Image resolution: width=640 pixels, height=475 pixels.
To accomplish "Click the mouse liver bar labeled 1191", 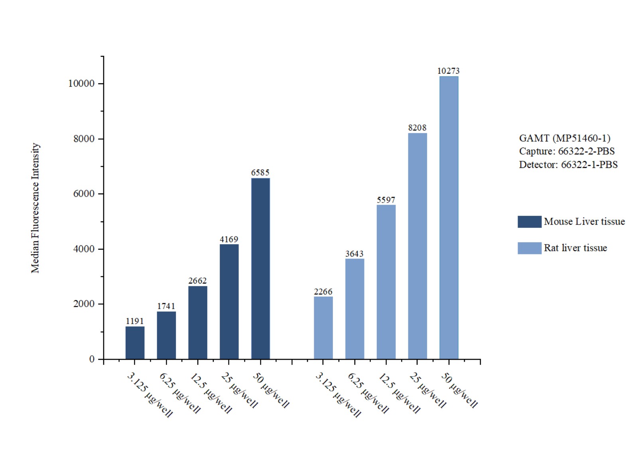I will click(x=135, y=343).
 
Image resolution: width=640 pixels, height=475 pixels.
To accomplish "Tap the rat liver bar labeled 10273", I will click(x=449, y=217).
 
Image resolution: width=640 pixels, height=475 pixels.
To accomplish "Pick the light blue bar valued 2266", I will click(x=323, y=327).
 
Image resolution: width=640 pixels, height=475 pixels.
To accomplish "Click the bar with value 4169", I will click(x=229, y=302).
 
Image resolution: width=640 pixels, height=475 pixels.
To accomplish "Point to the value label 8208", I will click(x=417, y=128).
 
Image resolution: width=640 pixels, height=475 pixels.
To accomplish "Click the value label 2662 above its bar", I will click(x=197, y=281).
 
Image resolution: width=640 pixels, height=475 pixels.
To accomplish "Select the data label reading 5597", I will click(x=386, y=200).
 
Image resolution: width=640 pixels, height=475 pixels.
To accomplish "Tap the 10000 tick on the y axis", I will click(x=81, y=84).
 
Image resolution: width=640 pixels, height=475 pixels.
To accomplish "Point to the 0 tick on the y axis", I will click(x=92, y=359).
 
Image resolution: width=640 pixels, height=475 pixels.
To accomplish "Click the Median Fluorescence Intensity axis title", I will click(x=35, y=208).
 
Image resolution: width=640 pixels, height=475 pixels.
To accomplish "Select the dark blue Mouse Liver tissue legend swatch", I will click(x=529, y=222).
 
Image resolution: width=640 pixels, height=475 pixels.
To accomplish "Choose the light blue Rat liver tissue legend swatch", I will click(x=529, y=248).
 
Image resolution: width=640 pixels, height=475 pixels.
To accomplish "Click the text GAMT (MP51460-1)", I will click(x=564, y=138).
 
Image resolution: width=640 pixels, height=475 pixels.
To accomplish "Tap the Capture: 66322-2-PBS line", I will click(x=567, y=152).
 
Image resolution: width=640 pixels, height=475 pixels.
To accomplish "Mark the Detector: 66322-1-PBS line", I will click(x=568, y=165).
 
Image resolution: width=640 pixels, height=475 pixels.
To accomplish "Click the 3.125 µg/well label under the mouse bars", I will click(x=150, y=394).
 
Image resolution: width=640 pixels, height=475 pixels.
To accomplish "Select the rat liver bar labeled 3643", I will click(x=354, y=309).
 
